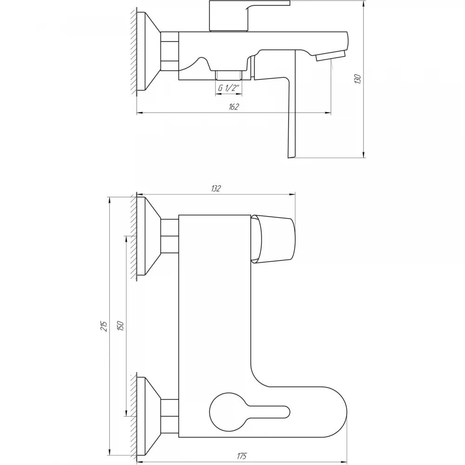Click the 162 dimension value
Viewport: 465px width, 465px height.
tap(234, 107)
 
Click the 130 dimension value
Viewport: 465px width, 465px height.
tap(358, 79)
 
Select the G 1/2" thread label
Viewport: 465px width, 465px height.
tap(228, 88)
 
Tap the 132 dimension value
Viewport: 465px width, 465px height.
tap(216, 188)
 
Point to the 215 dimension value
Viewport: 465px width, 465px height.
tap(104, 326)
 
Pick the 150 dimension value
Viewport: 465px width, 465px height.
tap(120, 326)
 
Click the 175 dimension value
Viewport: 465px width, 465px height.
tap(242, 456)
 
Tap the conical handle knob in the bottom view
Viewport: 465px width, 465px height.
tap(273, 239)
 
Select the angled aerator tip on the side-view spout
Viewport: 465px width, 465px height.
tap(331, 56)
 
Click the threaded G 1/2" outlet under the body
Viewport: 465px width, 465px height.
tap(229, 75)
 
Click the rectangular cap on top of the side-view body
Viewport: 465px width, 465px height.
tap(228, 15)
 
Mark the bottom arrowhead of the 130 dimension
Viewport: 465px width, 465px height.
tap(364, 154)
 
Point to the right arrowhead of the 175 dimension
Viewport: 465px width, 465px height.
tap(344, 462)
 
